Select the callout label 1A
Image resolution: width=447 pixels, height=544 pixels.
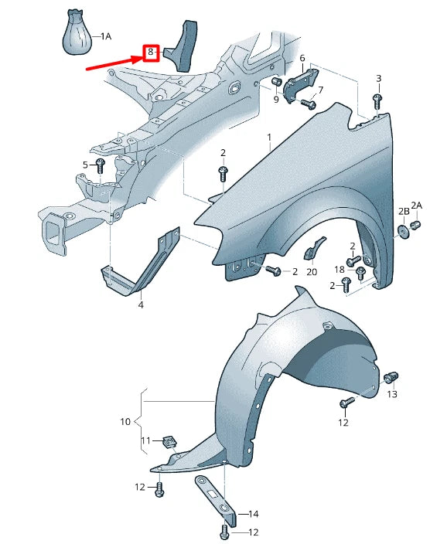tap(106, 36)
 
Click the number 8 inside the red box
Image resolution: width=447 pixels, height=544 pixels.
tap(150, 53)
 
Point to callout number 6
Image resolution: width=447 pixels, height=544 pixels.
tap(302, 59)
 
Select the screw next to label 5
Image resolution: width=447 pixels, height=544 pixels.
tap(101, 165)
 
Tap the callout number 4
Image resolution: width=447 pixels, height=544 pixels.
tap(141, 304)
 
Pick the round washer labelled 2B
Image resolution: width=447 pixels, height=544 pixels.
tap(403, 231)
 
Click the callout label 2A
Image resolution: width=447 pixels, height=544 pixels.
tap(417, 205)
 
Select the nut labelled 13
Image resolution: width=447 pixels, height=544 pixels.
tap(391, 378)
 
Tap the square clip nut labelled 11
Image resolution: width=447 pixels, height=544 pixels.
tap(169, 442)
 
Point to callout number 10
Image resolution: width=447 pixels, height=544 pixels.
tap(125, 422)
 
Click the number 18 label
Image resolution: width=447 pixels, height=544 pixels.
tap(339, 269)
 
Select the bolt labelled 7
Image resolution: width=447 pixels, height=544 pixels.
tap(309, 103)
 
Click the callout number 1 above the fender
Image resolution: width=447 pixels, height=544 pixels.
tap(269, 138)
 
